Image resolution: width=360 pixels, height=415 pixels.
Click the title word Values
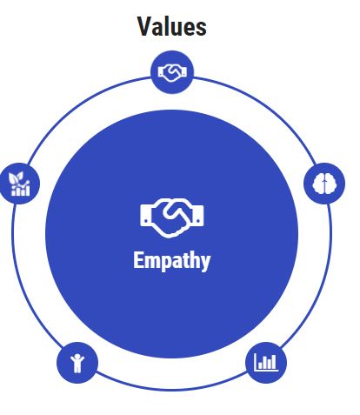(172, 26)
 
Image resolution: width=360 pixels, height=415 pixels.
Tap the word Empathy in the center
(172, 261)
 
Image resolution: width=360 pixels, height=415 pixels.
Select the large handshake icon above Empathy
(172, 218)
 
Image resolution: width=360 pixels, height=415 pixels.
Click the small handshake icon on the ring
(172, 73)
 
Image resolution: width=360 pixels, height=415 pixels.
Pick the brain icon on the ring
(324, 184)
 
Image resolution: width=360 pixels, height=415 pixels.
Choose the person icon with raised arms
(77, 363)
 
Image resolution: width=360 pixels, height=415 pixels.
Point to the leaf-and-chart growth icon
(19, 184)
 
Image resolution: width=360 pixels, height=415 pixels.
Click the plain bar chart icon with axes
(266, 362)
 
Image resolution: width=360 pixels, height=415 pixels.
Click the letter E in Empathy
(138, 260)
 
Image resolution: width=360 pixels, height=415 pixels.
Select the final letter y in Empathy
(205, 263)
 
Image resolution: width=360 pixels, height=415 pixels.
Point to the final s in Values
(202, 29)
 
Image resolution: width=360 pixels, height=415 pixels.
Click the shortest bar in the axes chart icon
(260, 365)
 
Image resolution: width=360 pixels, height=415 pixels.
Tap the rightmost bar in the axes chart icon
(275, 362)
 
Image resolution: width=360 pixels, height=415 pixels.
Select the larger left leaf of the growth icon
(13, 179)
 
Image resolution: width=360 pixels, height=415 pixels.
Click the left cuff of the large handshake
(146, 215)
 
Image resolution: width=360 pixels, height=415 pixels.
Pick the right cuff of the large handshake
(198, 215)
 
